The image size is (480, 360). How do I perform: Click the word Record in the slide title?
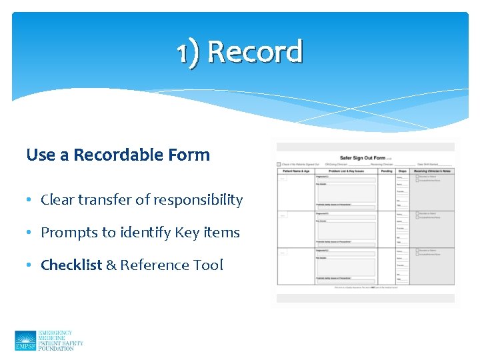(255, 52)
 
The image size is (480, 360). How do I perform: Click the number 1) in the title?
(189, 52)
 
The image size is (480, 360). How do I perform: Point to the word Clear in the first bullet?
(57, 200)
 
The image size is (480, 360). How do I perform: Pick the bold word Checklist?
(71, 265)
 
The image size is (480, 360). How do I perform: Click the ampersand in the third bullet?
(111, 265)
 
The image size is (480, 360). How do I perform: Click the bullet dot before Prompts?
(31, 233)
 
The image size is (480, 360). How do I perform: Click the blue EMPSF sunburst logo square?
(25, 341)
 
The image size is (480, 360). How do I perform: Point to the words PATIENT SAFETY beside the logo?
(61, 343)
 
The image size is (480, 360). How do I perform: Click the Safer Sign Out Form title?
(362, 157)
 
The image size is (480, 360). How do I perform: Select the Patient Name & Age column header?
(295, 171)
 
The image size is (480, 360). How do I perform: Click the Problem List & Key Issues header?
(346, 171)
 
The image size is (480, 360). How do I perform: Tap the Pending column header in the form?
(386, 171)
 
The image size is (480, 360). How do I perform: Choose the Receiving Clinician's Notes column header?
(433, 171)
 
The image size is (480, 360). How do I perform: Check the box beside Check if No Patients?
(279, 165)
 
